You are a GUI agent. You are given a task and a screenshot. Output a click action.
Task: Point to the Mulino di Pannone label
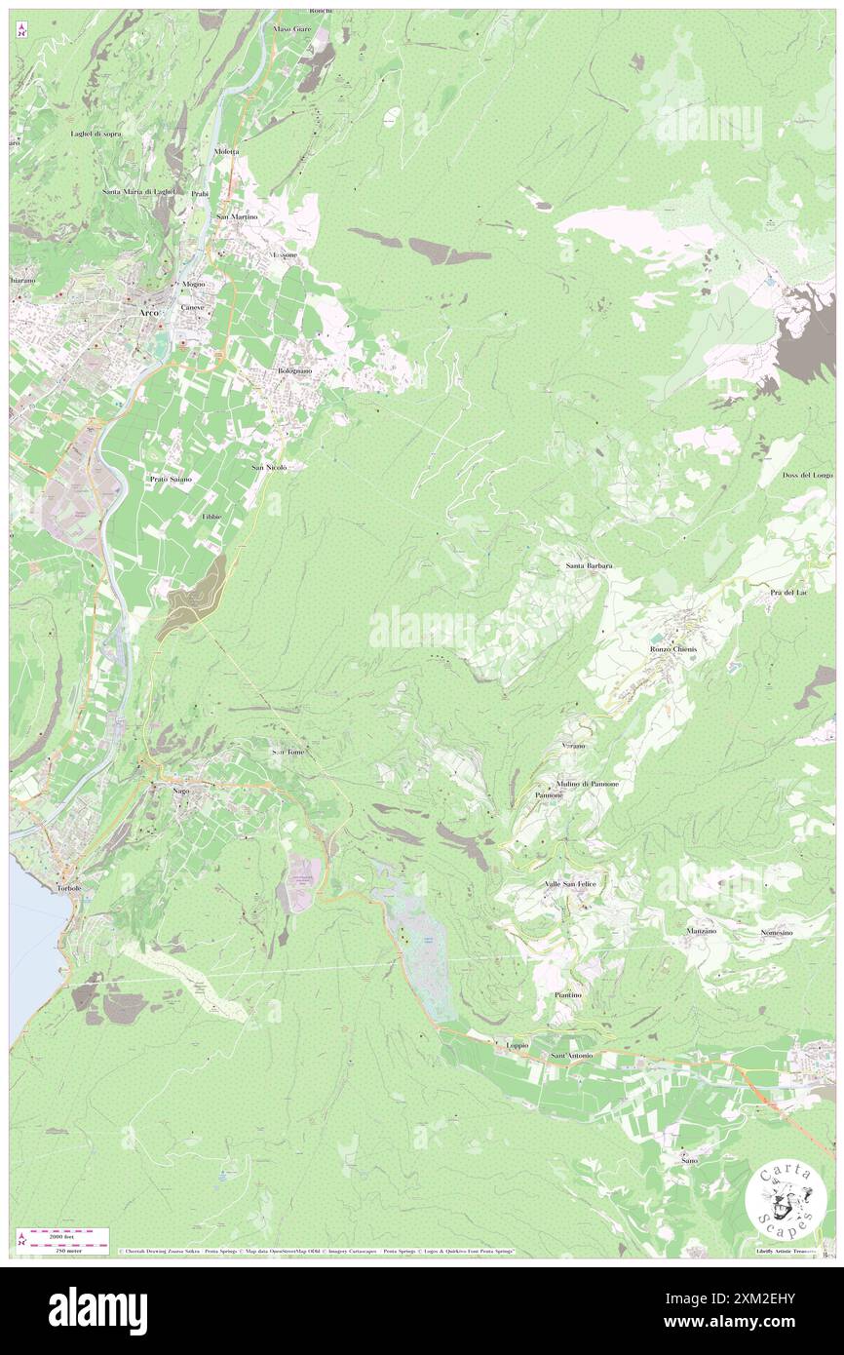coord(588,784)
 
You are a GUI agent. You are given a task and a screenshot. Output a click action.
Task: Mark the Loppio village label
coord(517,1045)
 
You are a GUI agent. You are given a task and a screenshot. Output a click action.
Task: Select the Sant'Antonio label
coord(572,1056)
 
